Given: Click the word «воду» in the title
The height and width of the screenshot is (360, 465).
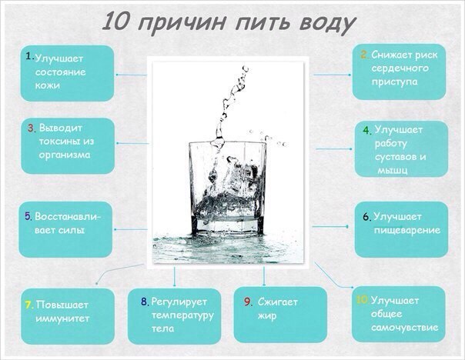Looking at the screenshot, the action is pos(327,23).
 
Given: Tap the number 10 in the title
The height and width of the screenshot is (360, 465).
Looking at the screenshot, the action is pos(116,22).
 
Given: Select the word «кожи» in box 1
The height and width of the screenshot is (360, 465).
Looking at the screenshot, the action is pos(48,85).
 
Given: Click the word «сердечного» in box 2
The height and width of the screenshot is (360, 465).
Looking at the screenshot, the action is pos(400,68).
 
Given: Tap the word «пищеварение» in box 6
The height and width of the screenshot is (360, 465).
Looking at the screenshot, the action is pos(406,230).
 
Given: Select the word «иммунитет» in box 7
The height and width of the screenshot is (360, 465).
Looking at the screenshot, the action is pos(62,318).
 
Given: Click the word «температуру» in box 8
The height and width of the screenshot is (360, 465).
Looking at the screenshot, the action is pos(182,315).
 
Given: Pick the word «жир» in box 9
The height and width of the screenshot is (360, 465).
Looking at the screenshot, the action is pos(267,316).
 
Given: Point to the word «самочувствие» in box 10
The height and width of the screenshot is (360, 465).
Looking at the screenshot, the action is pos(404,328).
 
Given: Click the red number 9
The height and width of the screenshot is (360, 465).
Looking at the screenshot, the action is pos(248,302).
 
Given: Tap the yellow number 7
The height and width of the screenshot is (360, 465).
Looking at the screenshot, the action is pos(29,305).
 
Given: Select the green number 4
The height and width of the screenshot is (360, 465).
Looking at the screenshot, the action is pos(367,130).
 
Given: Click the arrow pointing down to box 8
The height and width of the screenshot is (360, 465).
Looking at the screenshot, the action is pos(174,277).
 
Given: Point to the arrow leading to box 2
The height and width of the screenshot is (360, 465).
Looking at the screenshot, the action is pos(332,75).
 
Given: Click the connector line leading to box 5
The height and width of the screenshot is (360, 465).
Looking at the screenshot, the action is pos(130,229).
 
